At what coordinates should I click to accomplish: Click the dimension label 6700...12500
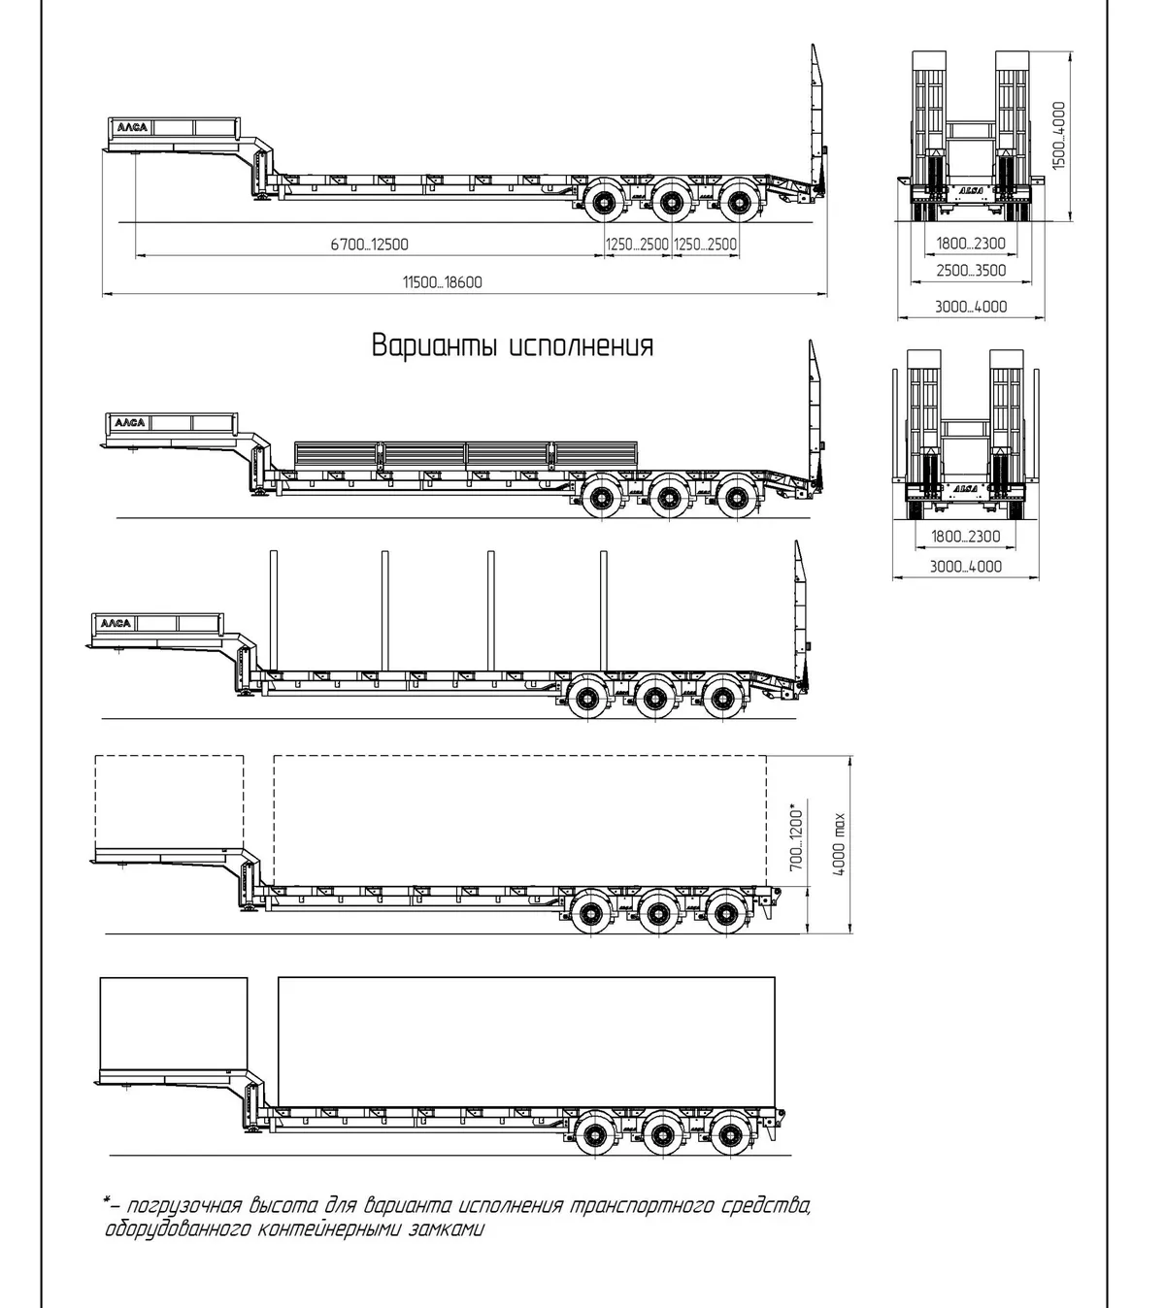click(x=369, y=245)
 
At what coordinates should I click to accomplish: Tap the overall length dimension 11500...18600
click(x=443, y=282)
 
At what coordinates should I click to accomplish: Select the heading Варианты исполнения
click(x=513, y=345)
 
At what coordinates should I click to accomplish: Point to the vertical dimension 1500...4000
click(x=1058, y=136)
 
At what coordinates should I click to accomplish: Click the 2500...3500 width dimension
click(x=971, y=271)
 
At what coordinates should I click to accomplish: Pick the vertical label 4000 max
click(x=839, y=844)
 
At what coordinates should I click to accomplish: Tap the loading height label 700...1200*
click(x=797, y=836)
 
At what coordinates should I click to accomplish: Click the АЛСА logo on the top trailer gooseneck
click(x=132, y=127)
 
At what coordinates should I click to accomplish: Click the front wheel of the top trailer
click(x=605, y=203)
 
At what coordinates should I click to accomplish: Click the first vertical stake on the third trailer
click(x=274, y=610)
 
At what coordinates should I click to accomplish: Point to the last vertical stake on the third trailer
click(x=604, y=610)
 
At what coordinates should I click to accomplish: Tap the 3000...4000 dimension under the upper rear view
click(x=971, y=308)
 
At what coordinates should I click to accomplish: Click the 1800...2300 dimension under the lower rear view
click(x=965, y=537)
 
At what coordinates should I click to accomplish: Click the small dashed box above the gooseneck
click(x=169, y=801)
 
